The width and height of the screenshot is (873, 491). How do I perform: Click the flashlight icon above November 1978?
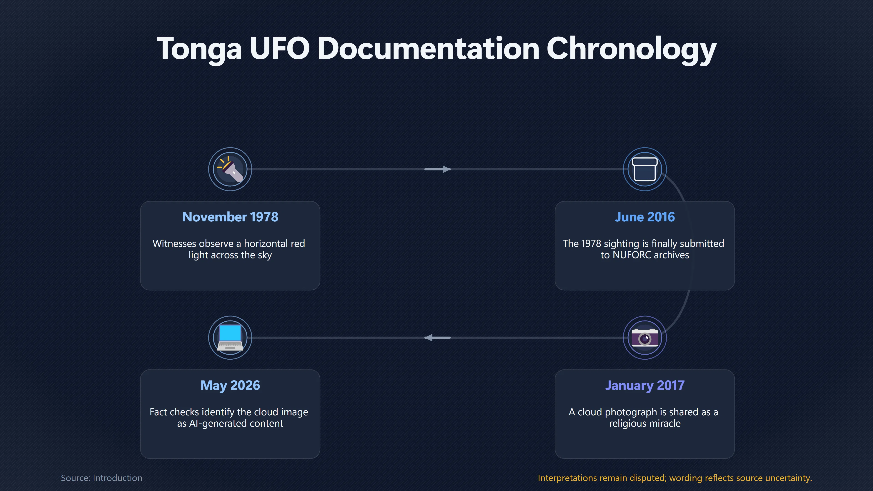coord(230,169)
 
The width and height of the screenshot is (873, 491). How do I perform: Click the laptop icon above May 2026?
coord(230,338)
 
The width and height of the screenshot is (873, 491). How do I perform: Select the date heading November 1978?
coord(230,217)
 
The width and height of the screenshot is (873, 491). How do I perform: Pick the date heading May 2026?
coord(230,386)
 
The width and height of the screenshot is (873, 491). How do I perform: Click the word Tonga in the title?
coord(199,50)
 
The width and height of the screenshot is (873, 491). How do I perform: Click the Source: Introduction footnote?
coord(101,478)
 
